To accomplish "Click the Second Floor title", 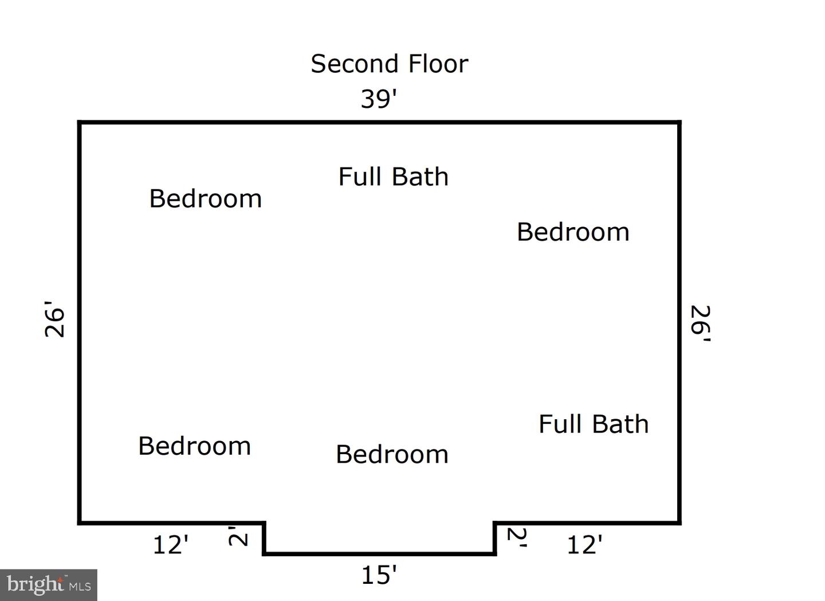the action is click(390, 64).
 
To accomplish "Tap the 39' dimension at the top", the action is click(379, 99).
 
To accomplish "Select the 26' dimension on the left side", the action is click(54, 319).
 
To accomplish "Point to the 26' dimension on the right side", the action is click(701, 323).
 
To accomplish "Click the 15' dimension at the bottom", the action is click(379, 575).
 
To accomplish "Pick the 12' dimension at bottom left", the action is click(171, 545).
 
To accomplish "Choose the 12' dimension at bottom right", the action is click(585, 545).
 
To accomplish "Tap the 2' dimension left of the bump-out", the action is click(238, 536).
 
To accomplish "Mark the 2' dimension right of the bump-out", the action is click(517, 537).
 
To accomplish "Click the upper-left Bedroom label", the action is click(206, 198).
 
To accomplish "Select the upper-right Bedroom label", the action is click(573, 232).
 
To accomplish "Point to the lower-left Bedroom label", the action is click(194, 446).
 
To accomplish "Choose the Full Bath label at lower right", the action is click(594, 424).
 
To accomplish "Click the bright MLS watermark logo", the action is click(49, 585).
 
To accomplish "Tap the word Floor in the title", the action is click(438, 64).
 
